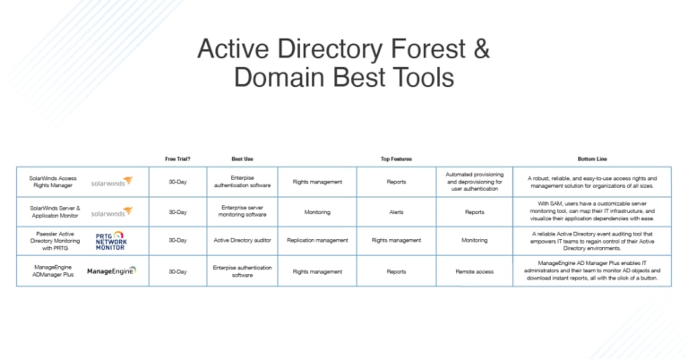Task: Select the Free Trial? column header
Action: click(177, 158)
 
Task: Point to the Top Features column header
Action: click(395, 158)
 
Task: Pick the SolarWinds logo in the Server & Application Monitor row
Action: click(112, 212)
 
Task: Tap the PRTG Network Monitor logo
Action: click(112, 240)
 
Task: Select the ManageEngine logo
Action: click(112, 270)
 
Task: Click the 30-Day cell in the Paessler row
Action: click(177, 240)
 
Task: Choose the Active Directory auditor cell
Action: click(242, 240)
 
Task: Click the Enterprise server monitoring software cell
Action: click(242, 212)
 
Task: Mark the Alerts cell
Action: click(395, 212)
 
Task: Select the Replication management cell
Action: click(317, 240)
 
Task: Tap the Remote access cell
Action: click(474, 270)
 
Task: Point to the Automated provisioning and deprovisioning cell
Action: click(474, 181)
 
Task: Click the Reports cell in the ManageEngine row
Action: click(395, 270)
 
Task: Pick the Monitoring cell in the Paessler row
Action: click(474, 240)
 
